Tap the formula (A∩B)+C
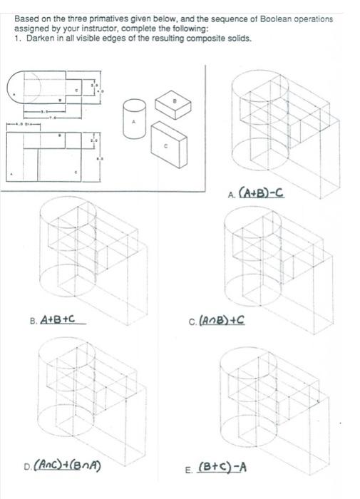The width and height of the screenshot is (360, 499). point(222,321)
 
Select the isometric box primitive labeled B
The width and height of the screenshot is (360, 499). point(172,105)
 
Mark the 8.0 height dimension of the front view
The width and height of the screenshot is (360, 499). point(101,158)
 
